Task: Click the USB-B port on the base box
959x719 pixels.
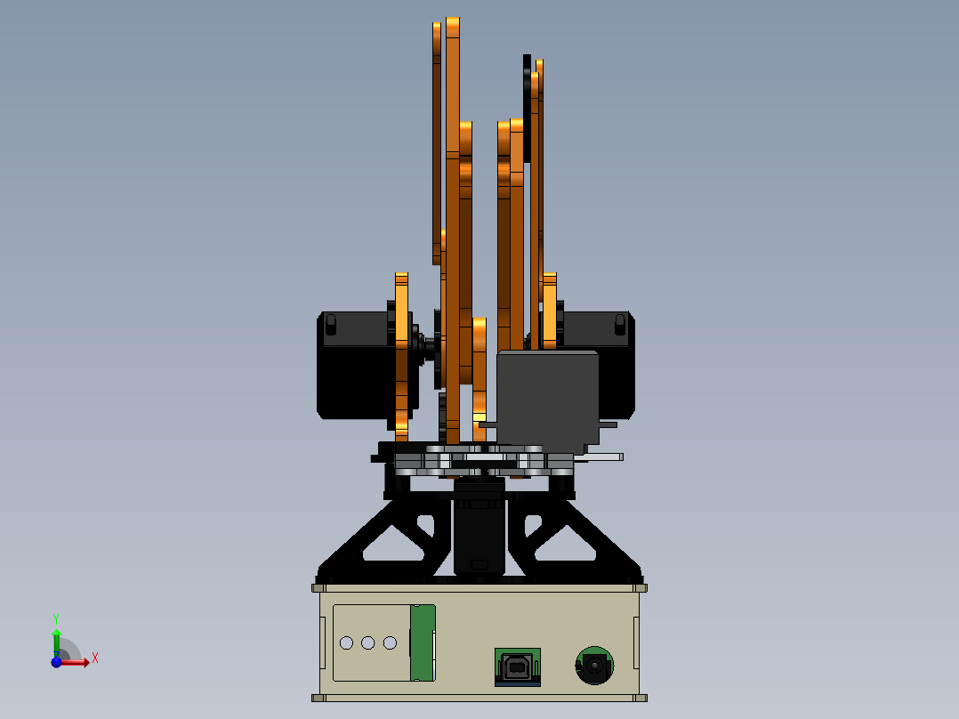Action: click(517, 666)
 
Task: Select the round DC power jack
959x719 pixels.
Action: click(593, 665)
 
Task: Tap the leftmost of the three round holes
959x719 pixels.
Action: click(347, 642)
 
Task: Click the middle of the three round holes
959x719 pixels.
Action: click(368, 642)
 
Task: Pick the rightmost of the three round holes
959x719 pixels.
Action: click(390, 642)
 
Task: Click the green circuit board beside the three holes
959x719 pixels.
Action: click(423, 642)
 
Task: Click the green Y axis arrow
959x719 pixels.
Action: click(56, 641)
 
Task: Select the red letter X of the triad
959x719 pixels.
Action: click(94, 658)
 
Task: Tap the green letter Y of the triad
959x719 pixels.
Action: click(56, 618)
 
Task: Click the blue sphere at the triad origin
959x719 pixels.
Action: click(57, 661)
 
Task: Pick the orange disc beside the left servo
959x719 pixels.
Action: click(401, 356)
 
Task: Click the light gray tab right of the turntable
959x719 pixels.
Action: click(605, 456)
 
